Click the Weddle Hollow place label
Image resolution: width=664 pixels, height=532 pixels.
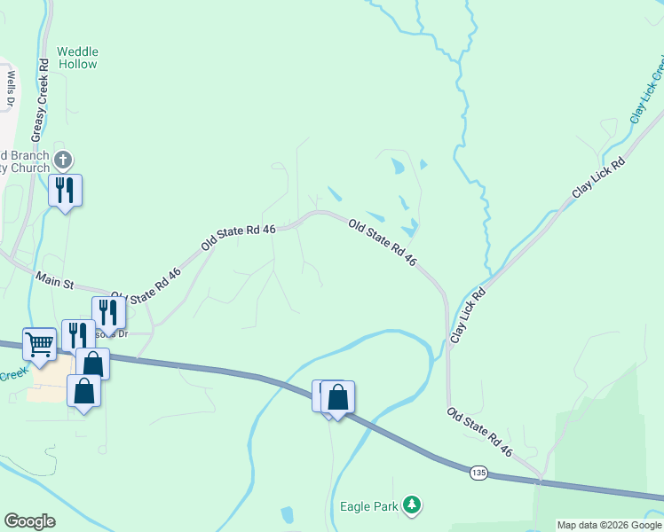[77, 58]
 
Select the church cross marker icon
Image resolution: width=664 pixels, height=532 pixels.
[62, 160]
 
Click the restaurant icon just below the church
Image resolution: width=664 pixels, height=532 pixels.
[65, 190]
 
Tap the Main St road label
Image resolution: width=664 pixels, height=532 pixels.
[53, 281]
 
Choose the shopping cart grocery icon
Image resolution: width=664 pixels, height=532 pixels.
[39, 343]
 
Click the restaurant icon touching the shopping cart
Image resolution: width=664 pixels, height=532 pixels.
[77, 335]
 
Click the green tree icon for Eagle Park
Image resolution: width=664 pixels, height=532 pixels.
[411, 505]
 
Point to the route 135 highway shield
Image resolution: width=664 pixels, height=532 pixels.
[478, 473]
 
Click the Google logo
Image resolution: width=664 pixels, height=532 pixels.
[29, 521]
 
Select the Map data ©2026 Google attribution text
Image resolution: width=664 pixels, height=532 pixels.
[609, 525]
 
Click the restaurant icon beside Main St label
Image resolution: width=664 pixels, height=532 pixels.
[107, 312]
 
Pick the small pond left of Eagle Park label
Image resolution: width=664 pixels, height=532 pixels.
[288, 514]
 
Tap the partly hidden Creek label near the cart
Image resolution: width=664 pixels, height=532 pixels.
[12, 376]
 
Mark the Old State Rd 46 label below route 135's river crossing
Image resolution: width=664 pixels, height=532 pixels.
[479, 432]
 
